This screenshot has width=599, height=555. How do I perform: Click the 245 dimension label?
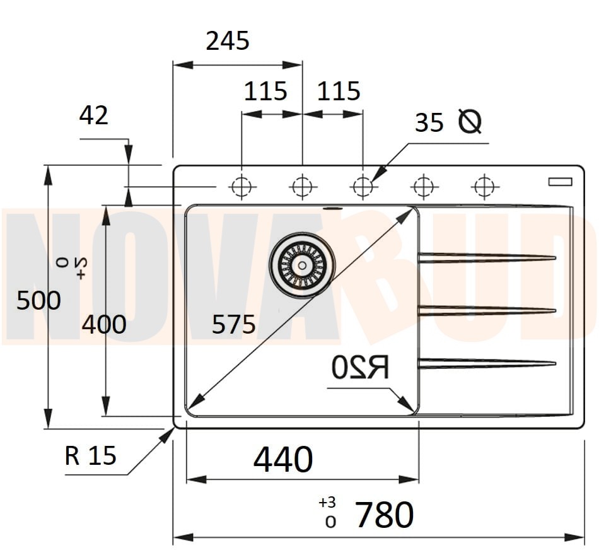click(228, 42)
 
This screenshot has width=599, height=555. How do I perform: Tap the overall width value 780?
click(384, 515)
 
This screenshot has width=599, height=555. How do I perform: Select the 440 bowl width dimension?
click(283, 459)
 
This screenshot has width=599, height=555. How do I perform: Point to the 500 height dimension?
click(38, 300)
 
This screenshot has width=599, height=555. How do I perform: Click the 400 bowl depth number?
click(104, 324)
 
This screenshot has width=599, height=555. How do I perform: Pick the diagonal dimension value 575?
click(233, 325)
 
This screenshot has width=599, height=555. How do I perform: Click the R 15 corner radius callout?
click(91, 455)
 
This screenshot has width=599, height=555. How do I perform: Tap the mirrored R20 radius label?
click(360, 367)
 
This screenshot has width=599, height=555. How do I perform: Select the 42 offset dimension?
click(94, 115)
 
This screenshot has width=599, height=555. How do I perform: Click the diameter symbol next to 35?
click(469, 121)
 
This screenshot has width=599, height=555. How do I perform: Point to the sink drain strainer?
click(302, 265)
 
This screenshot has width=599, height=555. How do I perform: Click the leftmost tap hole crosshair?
click(241, 187)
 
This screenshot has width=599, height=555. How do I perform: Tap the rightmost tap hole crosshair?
click(484, 187)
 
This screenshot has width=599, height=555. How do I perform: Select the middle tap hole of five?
click(363, 187)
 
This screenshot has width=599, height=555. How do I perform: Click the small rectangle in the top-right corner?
click(559, 182)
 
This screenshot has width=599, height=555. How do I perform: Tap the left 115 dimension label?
click(265, 92)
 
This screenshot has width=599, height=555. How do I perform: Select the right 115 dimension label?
click(339, 92)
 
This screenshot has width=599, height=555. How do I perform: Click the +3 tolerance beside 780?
click(327, 503)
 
